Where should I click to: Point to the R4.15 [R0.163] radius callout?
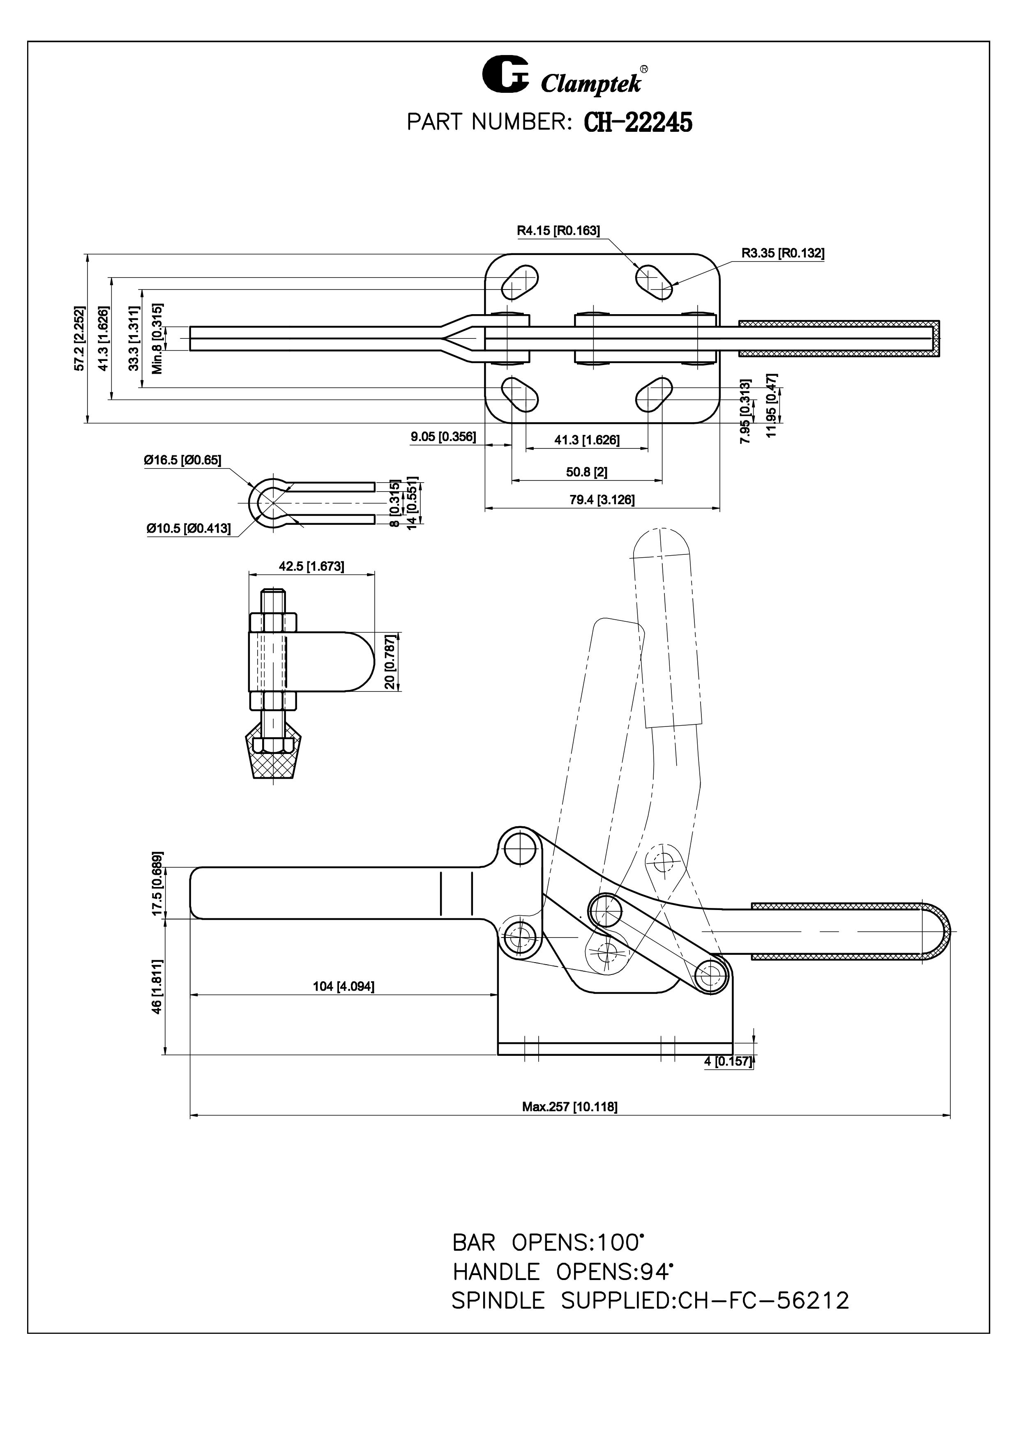click(558, 230)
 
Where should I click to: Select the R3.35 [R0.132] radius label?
click(782, 253)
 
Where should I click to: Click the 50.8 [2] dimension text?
click(586, 471)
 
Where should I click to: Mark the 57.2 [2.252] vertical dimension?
click(79, 338)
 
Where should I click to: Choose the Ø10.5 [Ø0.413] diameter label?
click(188, 529)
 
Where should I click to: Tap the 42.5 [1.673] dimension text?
click(311, 566)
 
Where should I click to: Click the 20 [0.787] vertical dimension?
click(390, 661)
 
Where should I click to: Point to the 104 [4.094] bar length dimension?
click(344, 987)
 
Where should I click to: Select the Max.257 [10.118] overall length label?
click(569, 1106)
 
